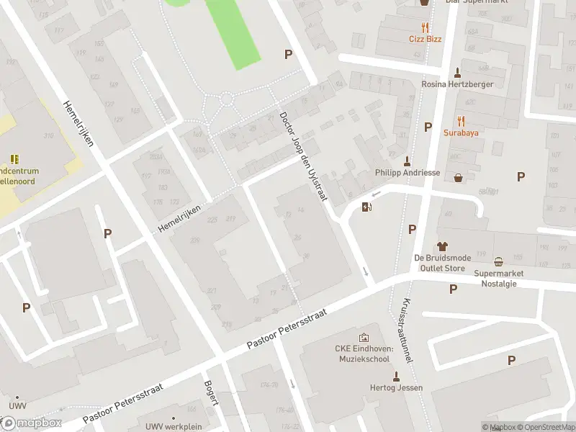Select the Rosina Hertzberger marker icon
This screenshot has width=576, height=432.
457,72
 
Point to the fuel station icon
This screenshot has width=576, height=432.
367,208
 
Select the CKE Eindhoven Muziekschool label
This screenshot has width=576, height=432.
364,354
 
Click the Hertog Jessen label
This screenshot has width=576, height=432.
395,388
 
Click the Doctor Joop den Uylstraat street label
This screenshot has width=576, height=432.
303,156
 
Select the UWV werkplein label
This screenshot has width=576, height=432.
173,426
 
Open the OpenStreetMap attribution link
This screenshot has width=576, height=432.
545,427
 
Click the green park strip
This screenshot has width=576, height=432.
232,32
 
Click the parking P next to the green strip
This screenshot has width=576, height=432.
289,54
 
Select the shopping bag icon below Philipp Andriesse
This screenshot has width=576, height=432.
458,178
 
